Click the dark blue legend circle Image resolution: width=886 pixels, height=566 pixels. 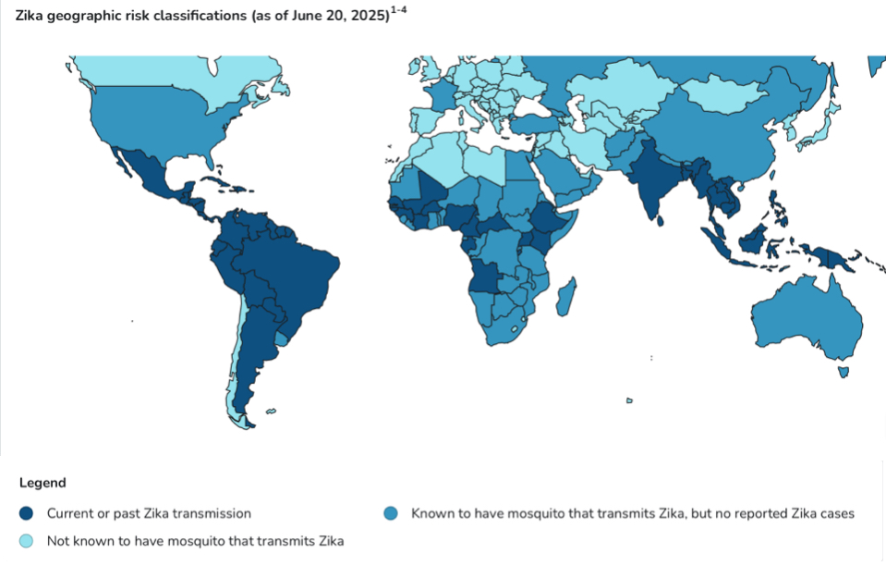tap(28, 512)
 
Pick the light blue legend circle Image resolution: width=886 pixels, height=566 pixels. tap(28, 540)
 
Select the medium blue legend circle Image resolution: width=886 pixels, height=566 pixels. tap(392, 512)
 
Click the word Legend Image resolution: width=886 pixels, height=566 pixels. tap(42, 483)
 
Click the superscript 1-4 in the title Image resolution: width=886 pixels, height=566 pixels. tap(399, 10)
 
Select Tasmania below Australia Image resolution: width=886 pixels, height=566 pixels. tap(843, 372)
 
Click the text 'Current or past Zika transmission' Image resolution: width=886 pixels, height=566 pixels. tap(149, 512)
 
